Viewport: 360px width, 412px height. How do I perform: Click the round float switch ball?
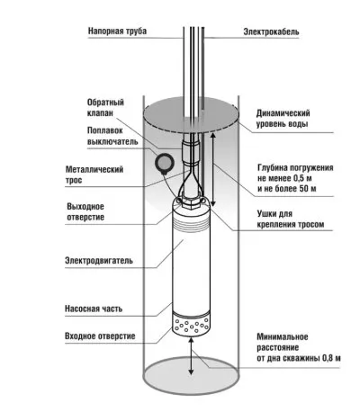pos(165,164)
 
